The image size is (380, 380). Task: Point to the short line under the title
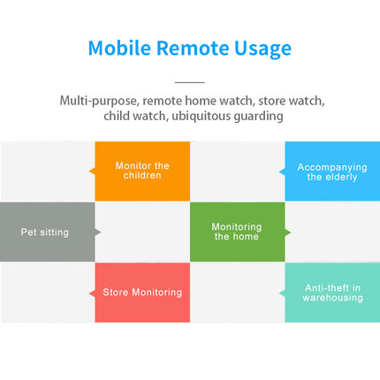[x=189, y=81]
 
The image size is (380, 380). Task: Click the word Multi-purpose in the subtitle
[x=98, y=101]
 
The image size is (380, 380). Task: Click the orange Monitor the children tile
[x=142, y=171]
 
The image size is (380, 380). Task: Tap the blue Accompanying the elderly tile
[x=331, y=171]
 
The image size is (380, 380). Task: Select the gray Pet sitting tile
[x=47, y=232]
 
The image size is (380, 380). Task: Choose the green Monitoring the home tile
[x=237, y=232]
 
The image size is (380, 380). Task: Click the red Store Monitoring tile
[x=142, y=293]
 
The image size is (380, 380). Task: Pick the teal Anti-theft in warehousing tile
[x=331, y=293]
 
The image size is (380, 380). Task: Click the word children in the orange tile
[x=143, y=176]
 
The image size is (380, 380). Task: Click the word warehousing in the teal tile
[x=332, y=298]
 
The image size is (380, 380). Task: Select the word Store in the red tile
[x=116, y=293]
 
